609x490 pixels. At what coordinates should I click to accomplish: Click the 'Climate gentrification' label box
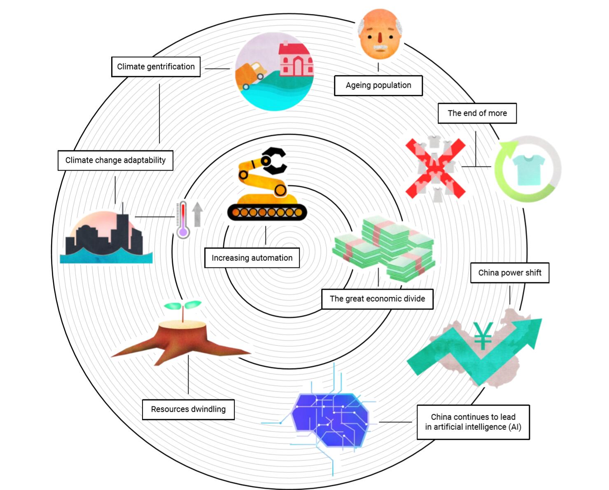[x=156, y=67]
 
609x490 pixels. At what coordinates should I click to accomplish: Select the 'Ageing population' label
[x=378, y=85]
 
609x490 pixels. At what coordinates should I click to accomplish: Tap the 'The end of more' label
[x=477, y=113]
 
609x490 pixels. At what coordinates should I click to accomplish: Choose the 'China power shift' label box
[x=509, y=273]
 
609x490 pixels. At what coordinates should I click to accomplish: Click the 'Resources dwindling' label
[x=188, y=409]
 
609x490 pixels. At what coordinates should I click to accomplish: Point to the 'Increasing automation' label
[x=252, y=258]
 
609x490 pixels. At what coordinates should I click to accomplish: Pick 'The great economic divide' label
[x=377, y=299]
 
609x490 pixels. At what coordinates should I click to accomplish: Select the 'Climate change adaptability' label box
[x=115, y=160]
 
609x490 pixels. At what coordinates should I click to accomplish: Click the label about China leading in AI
[x=473, y=422]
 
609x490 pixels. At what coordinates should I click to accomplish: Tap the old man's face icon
[x=379, y=36]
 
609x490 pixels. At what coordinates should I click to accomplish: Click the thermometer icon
[x=183, y=220]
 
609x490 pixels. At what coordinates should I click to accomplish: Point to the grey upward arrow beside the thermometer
[x=198, y=213]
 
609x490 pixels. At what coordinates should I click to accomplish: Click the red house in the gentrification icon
[x=295, y=60]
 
